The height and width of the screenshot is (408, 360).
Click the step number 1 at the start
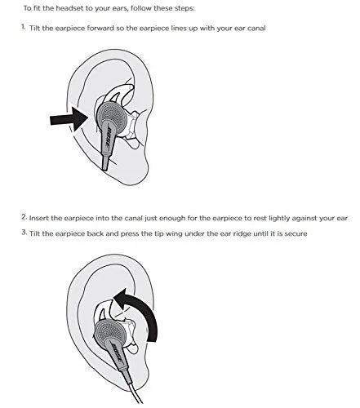[x=23, y=28]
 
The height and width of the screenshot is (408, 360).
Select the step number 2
[x=23, y=217]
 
